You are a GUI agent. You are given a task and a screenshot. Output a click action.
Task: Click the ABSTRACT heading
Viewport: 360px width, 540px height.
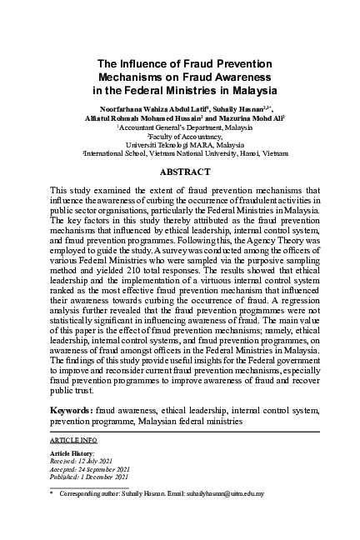[x=180, y=172]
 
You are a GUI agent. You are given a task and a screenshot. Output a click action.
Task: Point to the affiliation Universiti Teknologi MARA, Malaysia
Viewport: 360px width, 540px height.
[x=180, y=144]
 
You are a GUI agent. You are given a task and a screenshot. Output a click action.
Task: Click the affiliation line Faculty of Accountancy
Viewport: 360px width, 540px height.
[x=180, y=135]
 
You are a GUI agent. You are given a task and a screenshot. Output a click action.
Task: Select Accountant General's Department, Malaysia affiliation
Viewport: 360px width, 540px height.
[x=180, y=127]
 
